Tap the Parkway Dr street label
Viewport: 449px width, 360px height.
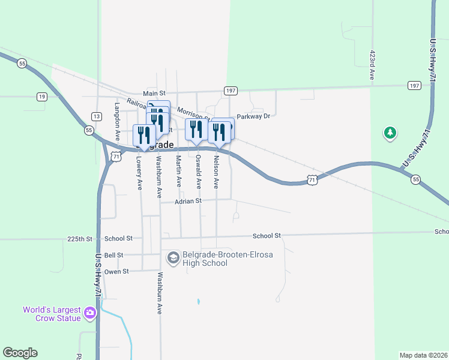pos(254,116)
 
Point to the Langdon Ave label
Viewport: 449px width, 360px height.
pos(118,118)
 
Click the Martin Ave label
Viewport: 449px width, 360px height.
pos(178,171)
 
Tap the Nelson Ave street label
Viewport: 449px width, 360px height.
pos(217,172)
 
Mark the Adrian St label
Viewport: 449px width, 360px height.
pos(188,202)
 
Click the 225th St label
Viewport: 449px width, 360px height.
pos(80,239)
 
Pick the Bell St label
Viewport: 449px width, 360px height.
pos(113,255)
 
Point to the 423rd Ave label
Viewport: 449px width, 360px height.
pos(372,65)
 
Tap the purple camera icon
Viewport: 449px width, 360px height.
pos(90,312)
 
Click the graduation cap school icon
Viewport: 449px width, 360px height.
pos(173,258)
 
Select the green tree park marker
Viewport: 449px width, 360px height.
pos(390,133)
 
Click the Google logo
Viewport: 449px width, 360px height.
pos(20,353)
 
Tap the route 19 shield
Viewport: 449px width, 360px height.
pos(41,96)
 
